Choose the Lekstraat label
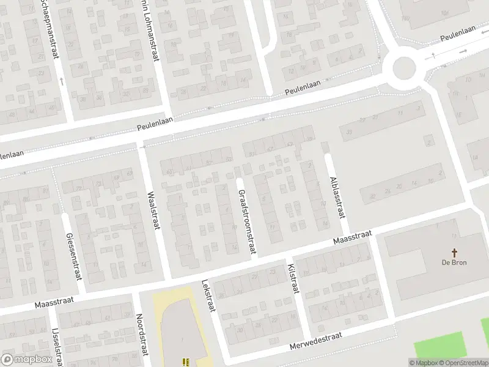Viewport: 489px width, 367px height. (x=208, y=297)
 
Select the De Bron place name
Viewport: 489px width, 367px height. (x=454, y=264)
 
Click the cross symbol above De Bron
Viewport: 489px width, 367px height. (x=454, y=252)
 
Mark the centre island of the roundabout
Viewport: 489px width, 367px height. (x=404, y=66)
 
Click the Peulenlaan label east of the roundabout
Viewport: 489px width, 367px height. (x=458, y=37)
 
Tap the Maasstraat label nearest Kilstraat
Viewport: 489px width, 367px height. (x=352, y=237)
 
